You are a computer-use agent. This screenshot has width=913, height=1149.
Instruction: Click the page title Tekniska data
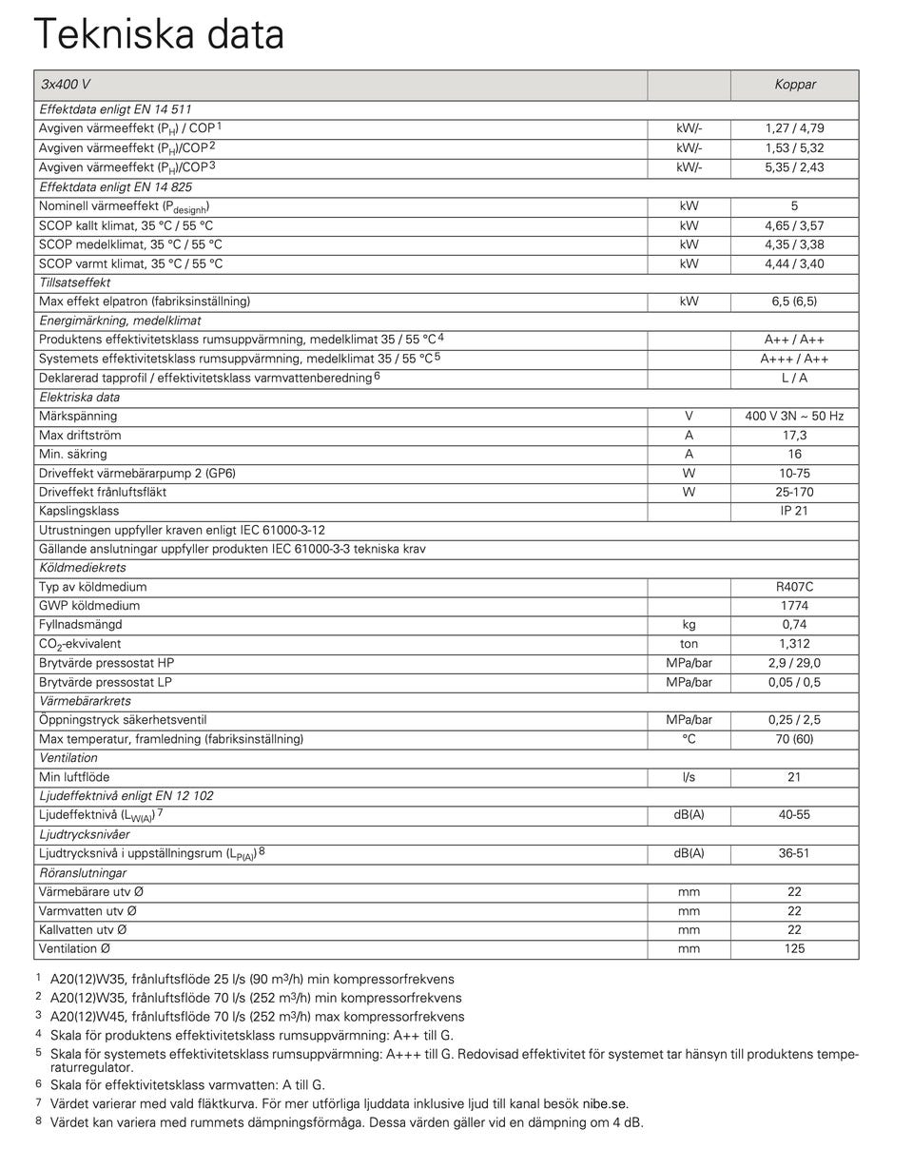[x=159, y=34]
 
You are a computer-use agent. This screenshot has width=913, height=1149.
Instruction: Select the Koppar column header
[x=794, y=85]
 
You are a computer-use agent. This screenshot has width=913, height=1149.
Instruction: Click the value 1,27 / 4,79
[x=794, y=128]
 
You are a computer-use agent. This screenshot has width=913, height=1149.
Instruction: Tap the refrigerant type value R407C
[x=794, y=587]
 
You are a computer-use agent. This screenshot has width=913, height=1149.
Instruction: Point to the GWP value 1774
[x=794, y=606]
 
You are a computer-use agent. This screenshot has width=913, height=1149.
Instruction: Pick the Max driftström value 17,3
[x=794, y=435]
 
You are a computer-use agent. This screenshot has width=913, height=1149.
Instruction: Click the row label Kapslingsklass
[x=79, y=511]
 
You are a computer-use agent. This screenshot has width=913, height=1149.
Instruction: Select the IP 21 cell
[x=794, y=511]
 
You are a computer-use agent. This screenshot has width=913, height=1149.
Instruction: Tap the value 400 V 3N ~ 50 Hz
[x=794, y=416]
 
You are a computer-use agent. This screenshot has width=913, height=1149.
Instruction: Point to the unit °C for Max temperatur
[x=689, y=739]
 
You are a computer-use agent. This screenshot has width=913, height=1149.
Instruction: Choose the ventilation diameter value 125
[x=794, y=948]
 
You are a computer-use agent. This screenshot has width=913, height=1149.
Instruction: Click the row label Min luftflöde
[x=74, y=777]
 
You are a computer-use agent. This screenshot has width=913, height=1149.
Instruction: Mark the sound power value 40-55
[x=794, y=815]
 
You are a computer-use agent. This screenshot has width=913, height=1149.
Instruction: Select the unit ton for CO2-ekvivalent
[x=689, y=644]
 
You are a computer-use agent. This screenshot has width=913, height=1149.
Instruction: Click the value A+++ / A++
[x=794, y=359]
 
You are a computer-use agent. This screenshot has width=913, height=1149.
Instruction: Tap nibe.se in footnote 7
[x=605, y=1104]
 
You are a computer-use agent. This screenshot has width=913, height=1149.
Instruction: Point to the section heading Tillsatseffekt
[x=75, y=282]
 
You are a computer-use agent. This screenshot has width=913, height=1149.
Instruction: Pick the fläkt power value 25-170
[x=794, y=492]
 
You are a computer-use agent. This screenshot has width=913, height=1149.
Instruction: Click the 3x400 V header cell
[x=66, y=85]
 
